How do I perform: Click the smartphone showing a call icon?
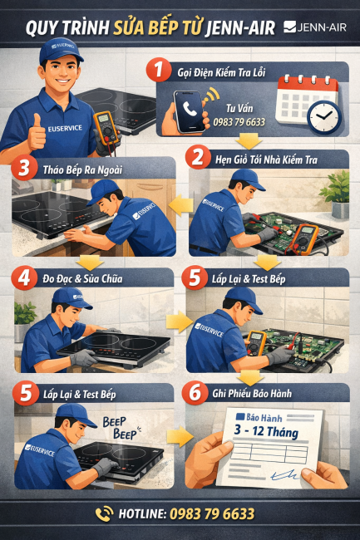click(x=190, y=111)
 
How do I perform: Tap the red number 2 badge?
click(x=198, y=156)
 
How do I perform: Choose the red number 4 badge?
click(x=22, y=277)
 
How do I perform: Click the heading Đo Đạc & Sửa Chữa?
click(x=83, y=278)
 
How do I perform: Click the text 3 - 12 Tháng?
click(x=262, y=432)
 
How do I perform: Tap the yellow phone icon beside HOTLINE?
click(x=105, y=513)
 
